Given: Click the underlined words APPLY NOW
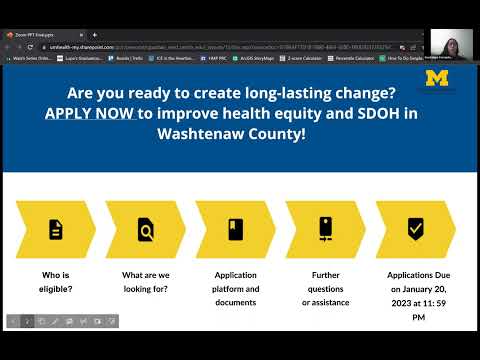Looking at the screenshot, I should pos(90,112).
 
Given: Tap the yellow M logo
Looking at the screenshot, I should pos(437,79).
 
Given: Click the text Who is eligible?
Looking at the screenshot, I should pos(56,281).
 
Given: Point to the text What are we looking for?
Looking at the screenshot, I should pos(146,281).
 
